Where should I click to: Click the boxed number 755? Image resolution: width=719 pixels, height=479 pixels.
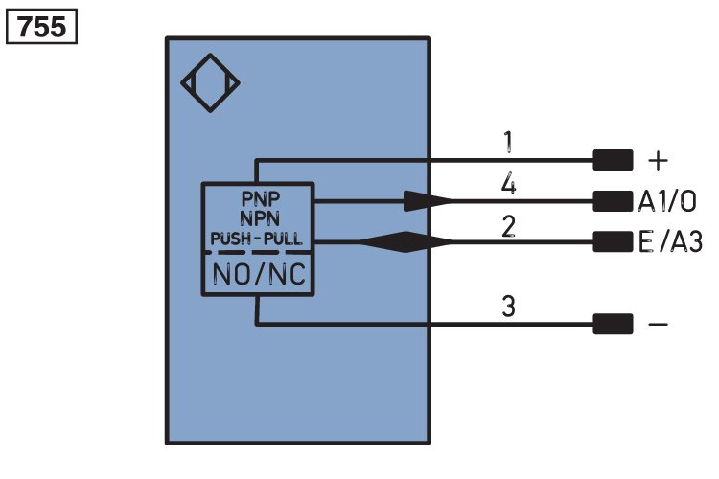(41, 27)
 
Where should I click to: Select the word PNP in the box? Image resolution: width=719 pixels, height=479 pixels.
(261, 199)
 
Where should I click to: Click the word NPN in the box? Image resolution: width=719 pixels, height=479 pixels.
(260, 218)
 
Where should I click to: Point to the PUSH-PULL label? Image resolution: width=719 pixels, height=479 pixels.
(256, 239)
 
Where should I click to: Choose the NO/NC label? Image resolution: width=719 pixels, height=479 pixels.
(259, 275)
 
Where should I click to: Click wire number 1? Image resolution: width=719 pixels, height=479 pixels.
(507, 142)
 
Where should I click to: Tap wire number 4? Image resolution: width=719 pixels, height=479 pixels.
(508, 184)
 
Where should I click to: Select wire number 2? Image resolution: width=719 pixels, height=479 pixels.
(508, 226)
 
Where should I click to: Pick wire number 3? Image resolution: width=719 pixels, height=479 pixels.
(508, 306)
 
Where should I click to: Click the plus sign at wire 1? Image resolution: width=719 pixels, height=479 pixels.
(658, 161)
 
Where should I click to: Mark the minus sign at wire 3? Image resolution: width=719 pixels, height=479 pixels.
(658, 325)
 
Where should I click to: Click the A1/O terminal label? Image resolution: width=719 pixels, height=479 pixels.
(667, 201)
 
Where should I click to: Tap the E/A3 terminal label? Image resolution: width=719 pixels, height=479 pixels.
(670, 242)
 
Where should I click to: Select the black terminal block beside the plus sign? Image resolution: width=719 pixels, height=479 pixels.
(614, 160)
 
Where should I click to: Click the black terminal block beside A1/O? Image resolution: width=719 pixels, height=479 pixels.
(614, 201)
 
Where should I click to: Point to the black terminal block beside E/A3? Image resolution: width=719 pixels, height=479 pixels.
(614, 241)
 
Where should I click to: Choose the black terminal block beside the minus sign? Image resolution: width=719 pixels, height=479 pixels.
(614, 324)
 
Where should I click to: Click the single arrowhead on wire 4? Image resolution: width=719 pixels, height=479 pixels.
(428, 201)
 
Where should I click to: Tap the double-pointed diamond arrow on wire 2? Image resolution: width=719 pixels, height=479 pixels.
(405, 241)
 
